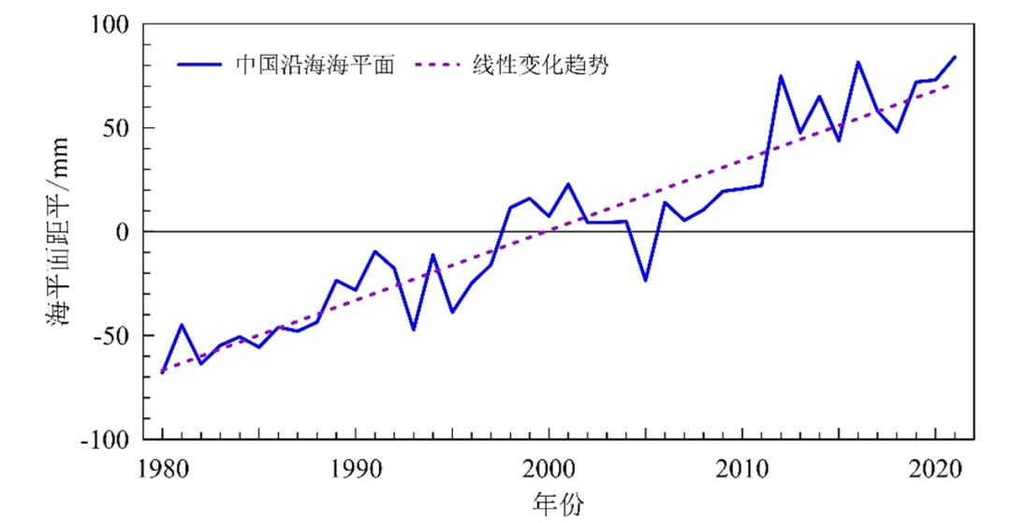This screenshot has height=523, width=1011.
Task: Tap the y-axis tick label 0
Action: coord(122,232)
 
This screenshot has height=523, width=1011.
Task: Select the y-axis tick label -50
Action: coord(110,336)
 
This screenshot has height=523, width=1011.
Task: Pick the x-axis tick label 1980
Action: coord(162,469)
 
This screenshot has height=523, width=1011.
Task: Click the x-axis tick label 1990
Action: coord(355,469)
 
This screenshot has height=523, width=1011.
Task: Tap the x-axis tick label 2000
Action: coord(549,469)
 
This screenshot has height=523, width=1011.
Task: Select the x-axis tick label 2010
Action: coord(742,469)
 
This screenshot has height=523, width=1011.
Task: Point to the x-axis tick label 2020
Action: coord(935,469)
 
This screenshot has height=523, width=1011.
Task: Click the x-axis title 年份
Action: coord(558,504)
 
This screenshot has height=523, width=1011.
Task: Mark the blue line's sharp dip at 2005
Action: coord(645,280)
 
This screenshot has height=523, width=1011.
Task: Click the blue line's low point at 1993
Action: coord(413,329)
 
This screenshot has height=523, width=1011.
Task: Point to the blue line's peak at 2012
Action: coord(781,76)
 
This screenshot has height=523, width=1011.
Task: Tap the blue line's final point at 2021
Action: coord(955,57)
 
